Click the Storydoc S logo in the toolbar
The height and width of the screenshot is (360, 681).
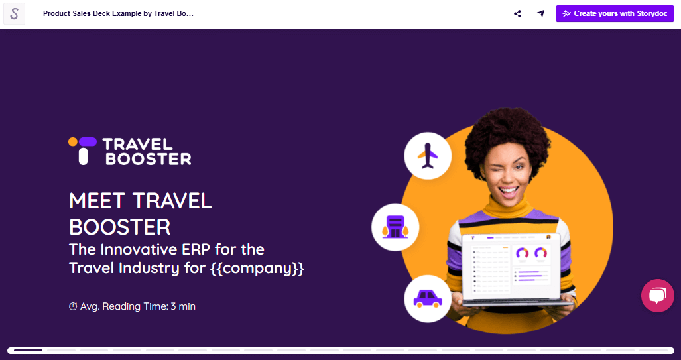coord(14,13)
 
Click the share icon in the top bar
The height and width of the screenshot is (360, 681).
coord(517,13)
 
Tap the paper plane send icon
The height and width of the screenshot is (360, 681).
coord(541,13)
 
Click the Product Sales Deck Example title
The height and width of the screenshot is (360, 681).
coord(118,13)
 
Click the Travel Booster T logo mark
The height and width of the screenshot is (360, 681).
coord(82,150)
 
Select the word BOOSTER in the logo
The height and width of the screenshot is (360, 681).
coord(149,159)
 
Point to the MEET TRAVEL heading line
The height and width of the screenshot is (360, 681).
coord(141,201)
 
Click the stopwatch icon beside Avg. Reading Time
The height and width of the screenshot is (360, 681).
coord(73,306)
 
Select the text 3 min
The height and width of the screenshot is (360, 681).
coord(183,306)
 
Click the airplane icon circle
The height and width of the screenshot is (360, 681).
coord(428,156)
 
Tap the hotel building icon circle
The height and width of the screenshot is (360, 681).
coord(395,227)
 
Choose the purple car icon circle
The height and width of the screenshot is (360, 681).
coord(428,298)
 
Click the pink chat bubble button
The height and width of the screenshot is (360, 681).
coord(657,296)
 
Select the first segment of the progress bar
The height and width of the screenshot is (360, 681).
coord(28,350)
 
